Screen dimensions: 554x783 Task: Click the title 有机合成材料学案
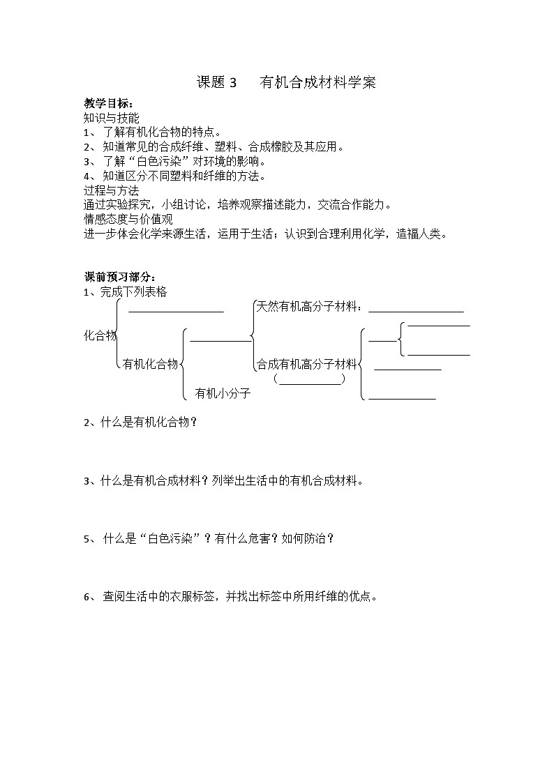click(317, 82)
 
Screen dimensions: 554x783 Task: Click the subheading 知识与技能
click(111, 118)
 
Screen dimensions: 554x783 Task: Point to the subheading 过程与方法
click(111, 190)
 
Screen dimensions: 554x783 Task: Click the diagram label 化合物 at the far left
click(100, 335)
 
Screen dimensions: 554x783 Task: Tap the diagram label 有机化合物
click(150, 363)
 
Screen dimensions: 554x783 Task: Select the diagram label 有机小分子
click(223, 393)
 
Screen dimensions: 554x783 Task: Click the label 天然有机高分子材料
click(308, 306)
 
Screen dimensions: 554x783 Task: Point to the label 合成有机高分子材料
click(306, 363)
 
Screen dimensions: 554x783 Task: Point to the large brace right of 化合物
click(120, 333)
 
